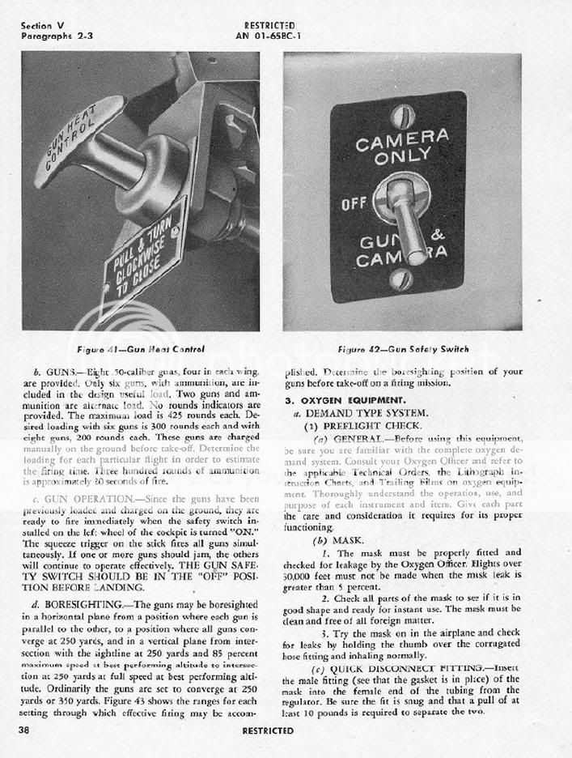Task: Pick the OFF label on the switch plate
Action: (355, 203)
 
